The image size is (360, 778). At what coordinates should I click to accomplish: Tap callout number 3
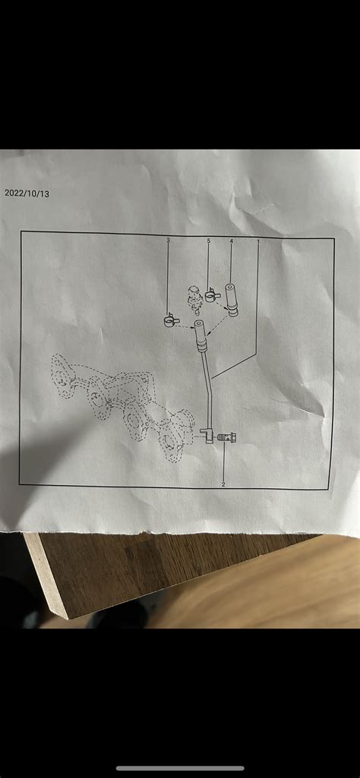168,241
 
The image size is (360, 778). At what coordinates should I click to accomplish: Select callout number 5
209,241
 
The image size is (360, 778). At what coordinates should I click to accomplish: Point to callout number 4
231,241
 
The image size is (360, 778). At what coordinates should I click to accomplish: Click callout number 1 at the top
258,241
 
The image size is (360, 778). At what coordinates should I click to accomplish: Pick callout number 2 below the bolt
223,483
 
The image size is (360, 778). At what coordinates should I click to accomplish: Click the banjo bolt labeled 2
226,438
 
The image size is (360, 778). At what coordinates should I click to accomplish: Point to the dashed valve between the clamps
194,298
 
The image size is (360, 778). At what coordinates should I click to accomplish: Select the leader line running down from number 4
231,262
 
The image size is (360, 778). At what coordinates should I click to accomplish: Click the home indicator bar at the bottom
180,768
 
